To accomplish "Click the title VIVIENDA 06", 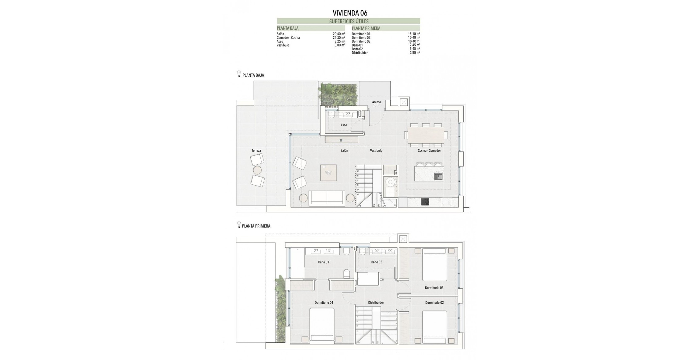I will pos(350,13).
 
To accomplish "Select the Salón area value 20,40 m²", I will pos(339,34).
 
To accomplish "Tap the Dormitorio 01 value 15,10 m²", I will pos(414,34).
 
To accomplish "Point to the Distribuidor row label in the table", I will pos(360,53).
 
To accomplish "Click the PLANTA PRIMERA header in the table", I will pos(366,28).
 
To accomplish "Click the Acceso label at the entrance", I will pos(376,102).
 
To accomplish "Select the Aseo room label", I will pos(344,125).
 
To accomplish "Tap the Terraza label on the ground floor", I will pos(256,151).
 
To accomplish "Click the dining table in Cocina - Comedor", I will pos(426,135).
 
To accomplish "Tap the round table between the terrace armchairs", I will pos(257,170).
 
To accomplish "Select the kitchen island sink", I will pos(438,176).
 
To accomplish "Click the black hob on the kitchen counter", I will pos(425,202).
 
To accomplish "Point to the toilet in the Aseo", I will pos(331,115).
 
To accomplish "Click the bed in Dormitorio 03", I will pos(434,264).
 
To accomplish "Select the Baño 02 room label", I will pos(376,262).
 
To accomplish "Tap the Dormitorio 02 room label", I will pos(434,303).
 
